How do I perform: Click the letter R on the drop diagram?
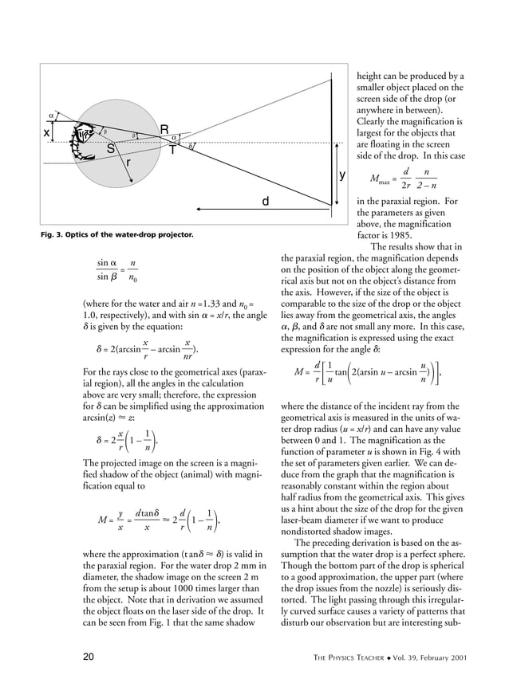pos(164,130)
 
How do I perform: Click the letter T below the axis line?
pos(172,151)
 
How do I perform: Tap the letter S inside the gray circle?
pos(111,148)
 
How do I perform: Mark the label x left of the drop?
pos(46,133)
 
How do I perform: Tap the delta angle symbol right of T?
pos(190,147)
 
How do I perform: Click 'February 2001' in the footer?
pos(440,657)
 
